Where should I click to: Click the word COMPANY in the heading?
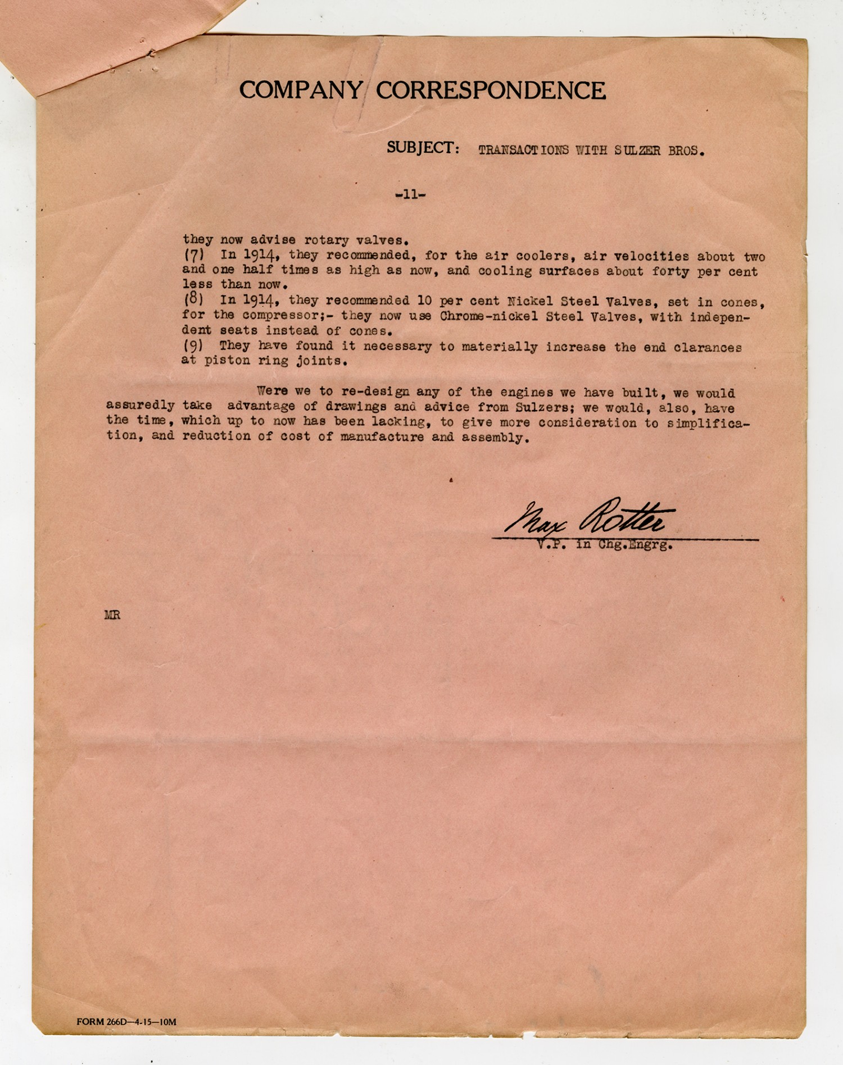[301, 90]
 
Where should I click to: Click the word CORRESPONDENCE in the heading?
[491, 90]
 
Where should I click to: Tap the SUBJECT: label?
[423, 148]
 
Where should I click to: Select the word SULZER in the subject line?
[637, 151]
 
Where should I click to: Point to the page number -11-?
[410, 195]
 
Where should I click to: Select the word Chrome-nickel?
[483, 316]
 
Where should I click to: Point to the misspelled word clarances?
[708, 348]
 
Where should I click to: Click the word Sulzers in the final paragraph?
[541, 408]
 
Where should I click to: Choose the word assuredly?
[140, 405]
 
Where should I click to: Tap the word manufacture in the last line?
[382, 436]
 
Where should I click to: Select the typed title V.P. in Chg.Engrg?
[604, 544]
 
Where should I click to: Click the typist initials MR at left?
[112, 615]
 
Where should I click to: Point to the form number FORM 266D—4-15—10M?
[126, 1022]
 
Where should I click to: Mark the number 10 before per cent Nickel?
[424, 301]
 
